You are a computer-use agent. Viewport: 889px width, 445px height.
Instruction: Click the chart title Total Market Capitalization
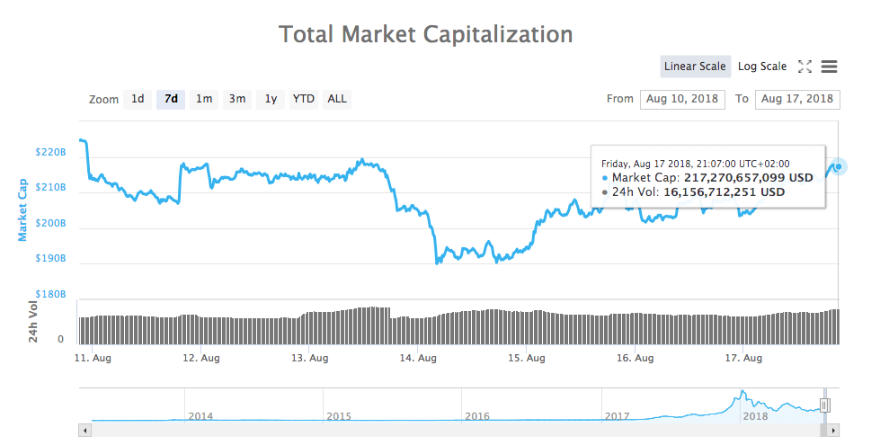click(x=426, y=34)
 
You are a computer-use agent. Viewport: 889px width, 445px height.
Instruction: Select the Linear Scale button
click(x=695, y=67)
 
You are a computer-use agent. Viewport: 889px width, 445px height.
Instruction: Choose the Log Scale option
click(x=762, y=67)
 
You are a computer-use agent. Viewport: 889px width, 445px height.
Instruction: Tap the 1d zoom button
click(x=138, y=99)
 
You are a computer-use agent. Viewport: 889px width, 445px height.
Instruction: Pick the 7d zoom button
click(x=171, y=99)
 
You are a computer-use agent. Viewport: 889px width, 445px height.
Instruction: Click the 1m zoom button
click(x=204, y=99)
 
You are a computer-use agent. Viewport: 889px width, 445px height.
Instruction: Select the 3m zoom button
click(x=237, y=99)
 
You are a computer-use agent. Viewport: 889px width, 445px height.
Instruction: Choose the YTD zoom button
click(x=304, y=99)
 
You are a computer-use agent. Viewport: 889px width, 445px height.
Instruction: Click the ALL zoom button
click(x=337, y=99)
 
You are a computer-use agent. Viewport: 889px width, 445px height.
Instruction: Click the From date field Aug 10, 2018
click(x=683, y=99)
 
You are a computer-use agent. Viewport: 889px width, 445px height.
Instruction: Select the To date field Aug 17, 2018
click(x=798, y=99)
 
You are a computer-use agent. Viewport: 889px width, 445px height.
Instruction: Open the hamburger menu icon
click(x=830, y=67)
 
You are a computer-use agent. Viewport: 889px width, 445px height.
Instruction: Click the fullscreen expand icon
click(x=805, y=67)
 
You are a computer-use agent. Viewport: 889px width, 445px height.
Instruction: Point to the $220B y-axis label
click(x=51, y=153)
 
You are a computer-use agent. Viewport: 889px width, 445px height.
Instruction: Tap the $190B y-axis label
click(x=51, y=259)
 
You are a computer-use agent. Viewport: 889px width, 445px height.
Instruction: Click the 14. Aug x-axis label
click(x=418, y=358)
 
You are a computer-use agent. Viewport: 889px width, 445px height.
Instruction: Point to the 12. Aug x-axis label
click(x=201, y=358)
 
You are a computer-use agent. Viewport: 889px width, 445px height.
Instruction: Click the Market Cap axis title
click(x=23, y=209)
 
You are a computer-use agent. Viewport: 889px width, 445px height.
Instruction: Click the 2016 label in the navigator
click(x=477, y=416)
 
